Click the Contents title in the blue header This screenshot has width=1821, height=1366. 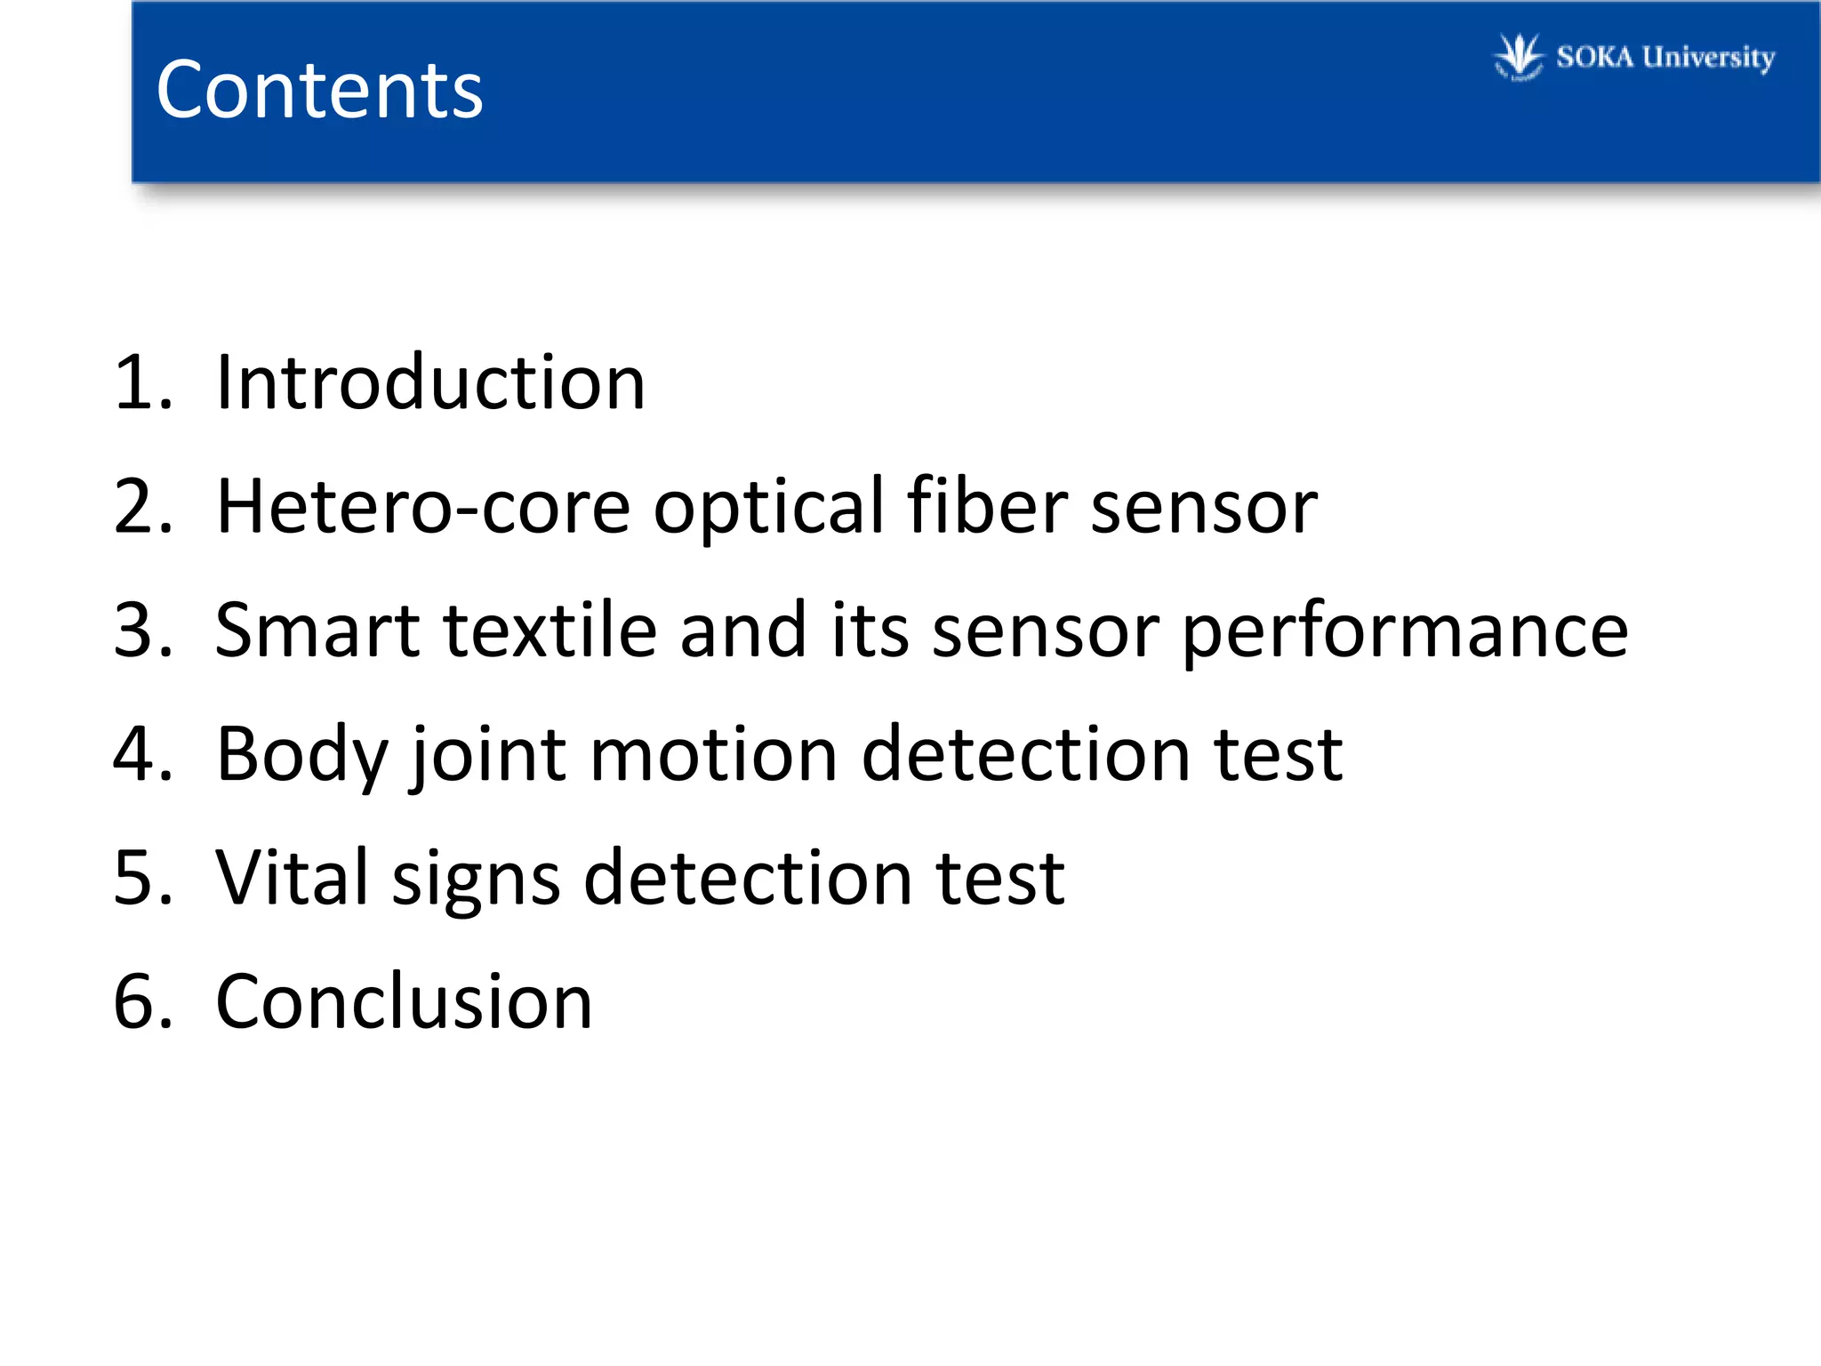[x=319, y=90]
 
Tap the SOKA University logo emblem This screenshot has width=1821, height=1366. [x=1519, y=57]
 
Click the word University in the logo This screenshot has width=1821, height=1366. [x=1707, y=58]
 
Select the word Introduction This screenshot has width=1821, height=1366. [x=430, y=382]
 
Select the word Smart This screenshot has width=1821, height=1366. [x=317, y=631]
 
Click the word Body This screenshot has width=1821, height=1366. [x=302, y=756]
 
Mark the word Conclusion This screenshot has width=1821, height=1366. [x=405, y=1001]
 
